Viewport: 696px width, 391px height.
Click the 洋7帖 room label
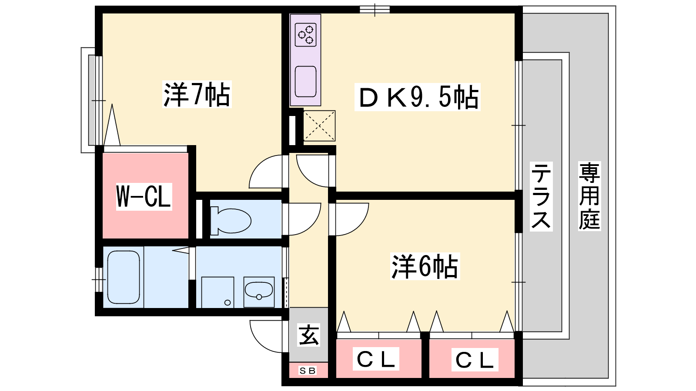click(197, 94)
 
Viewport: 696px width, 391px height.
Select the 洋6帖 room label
click(425, 266)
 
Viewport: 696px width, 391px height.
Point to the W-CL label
click(144, 196)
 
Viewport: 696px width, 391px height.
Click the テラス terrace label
click(541, 196)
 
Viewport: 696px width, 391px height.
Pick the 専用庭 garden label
click(589, 196)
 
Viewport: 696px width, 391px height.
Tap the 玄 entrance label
click(308, 335)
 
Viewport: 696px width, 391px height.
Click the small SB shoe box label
click(308, 371)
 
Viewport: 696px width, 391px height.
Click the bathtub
click(124, 277)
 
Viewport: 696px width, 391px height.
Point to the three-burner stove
click(305, 35)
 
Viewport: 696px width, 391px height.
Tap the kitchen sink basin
click(305, 81)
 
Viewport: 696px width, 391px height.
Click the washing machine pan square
click(217, 292)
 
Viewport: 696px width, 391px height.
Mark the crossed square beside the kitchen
click(319, 126)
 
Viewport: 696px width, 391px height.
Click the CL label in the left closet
click(376, 359)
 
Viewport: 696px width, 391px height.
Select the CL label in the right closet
click(475, 360)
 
